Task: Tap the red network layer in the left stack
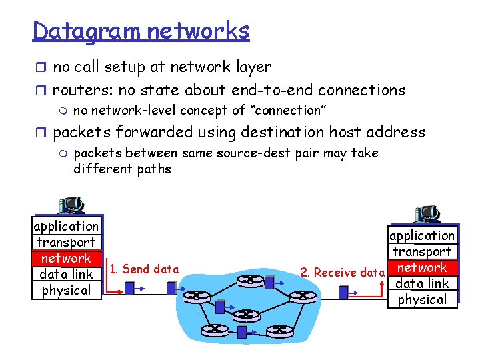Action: pyautogui.click(x=66, y=258)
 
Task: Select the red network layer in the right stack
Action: pyautogui.click(x=422, y=267)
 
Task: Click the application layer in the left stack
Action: pyautogui.click(x=66, y=226)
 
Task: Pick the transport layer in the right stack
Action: pyautogui.click(x=422, y=251)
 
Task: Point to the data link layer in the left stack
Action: pyautogui.click(x=66, y=274)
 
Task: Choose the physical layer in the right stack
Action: pyautogui.click(x=422, y=299)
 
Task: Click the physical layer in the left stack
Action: pyautogui.click(x=66, y=290)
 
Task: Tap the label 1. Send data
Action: pyautogui.click(x=144, y=269)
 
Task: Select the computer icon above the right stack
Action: pyautogui.click(x=427, y=214)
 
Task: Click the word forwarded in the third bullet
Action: pyautogui.click(x=149, y=132)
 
